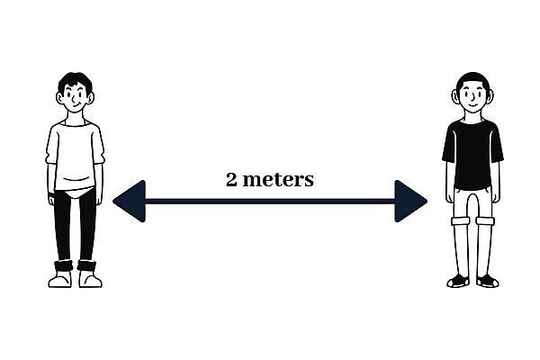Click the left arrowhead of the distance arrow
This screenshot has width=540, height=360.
click(x=128, y=201)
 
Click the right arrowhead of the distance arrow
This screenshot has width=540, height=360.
click(x=411, y=201)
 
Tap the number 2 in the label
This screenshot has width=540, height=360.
click(x=231, y=179)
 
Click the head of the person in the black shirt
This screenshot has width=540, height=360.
click(x=472, y=94)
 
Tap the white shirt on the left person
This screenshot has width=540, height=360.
click(x=75, y=153)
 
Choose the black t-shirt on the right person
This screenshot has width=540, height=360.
click(x=472, y=153)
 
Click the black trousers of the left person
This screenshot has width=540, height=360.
click(x=75, y=225)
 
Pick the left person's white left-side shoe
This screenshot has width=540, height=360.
click(x=60, y=279)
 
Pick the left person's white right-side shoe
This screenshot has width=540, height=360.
click(x=90, y=279)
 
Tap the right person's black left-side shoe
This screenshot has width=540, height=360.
click(x=458, y=281)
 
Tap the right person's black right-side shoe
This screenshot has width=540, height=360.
click(x=487, y=281)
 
